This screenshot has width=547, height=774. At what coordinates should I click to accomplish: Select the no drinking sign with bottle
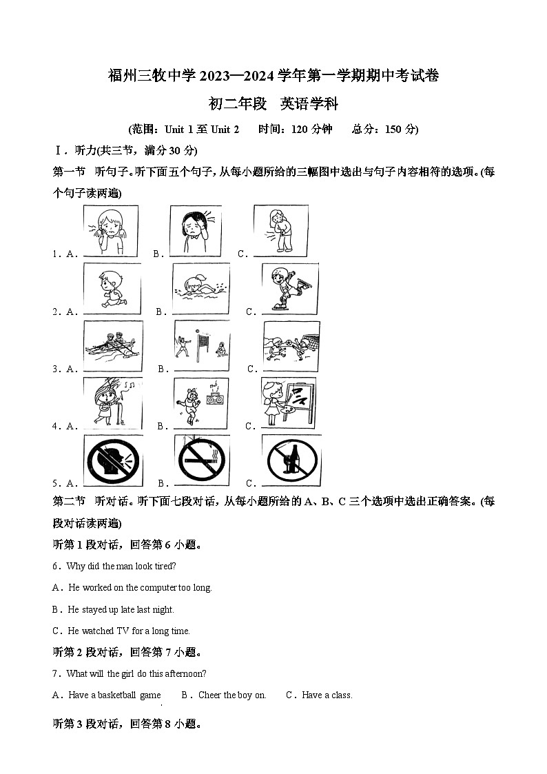[x=291, y=460]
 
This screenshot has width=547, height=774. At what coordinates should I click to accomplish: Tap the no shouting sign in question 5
[x=113, y=460]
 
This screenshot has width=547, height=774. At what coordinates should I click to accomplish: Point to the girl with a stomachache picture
[x=280, y=231]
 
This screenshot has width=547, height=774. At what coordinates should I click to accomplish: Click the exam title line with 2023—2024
[x=273, y=76]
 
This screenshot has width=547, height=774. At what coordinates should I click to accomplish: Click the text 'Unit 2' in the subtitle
[x=225, y=129]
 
